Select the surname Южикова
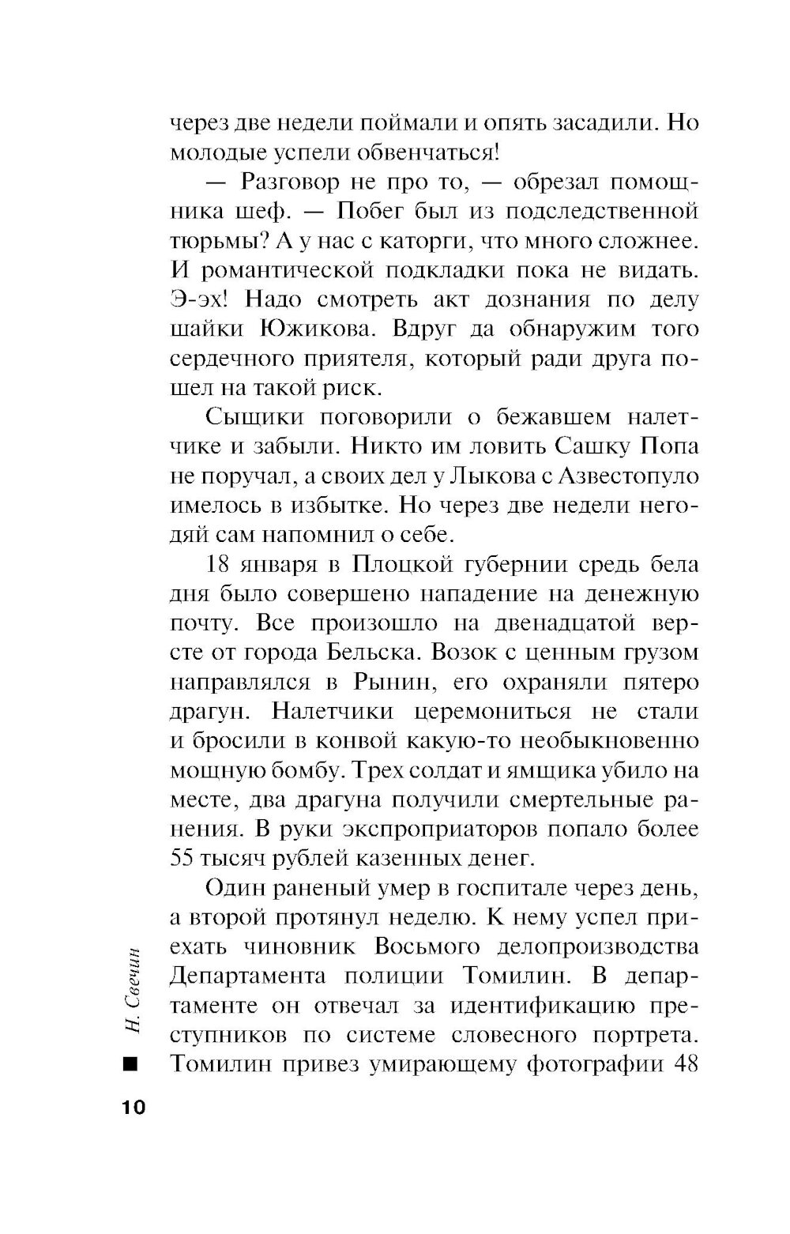[317, 329]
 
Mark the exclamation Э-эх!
[201, 299]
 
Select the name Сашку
[583, 446]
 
